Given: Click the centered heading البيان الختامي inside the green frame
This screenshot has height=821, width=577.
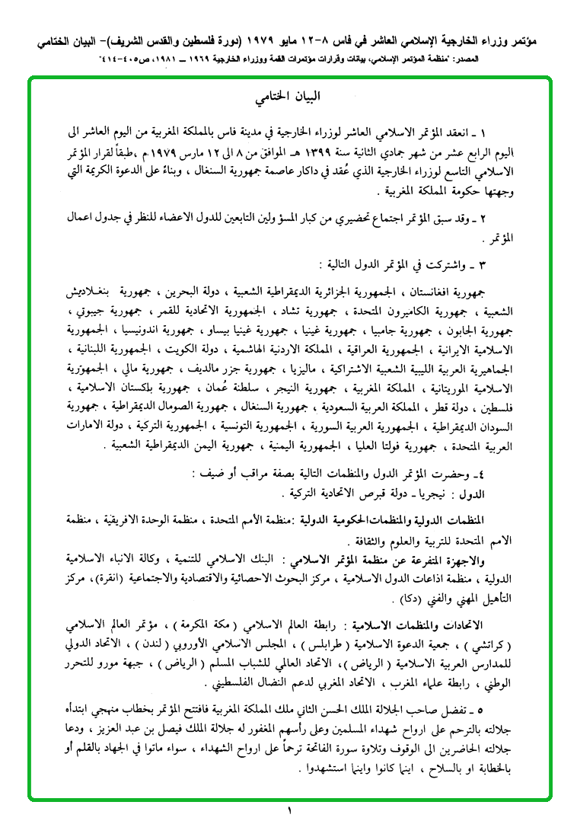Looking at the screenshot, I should (x=288, y=97).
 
